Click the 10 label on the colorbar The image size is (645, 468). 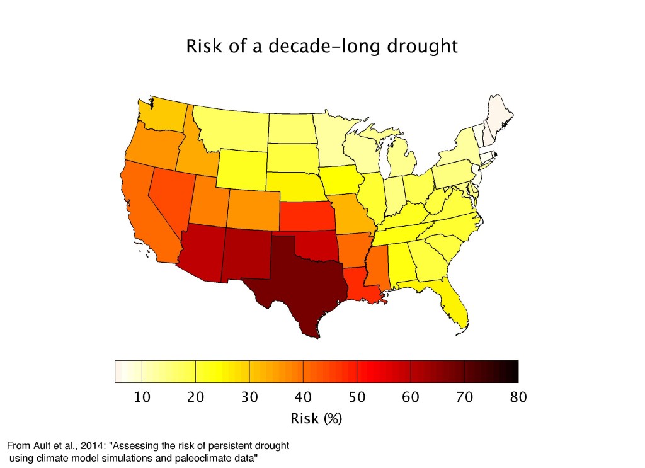(142, 397)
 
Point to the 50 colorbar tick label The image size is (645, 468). (357, 397)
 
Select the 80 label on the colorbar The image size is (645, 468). (517, 397)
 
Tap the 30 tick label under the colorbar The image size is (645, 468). (249, 397)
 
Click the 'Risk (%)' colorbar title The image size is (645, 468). (317, 419)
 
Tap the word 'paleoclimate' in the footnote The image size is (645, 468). (198, 457)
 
